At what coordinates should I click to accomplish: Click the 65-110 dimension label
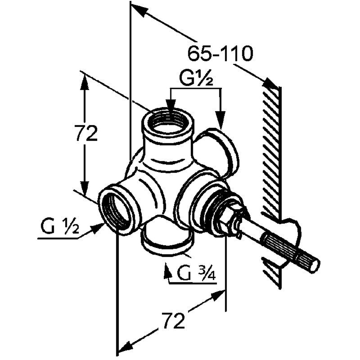click(x=220, y=54)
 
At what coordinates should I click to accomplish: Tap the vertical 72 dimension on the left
click(x=86, y=133)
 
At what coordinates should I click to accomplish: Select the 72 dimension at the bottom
click(x=173, y=320)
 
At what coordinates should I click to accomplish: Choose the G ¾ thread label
click(x=196, y=273)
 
